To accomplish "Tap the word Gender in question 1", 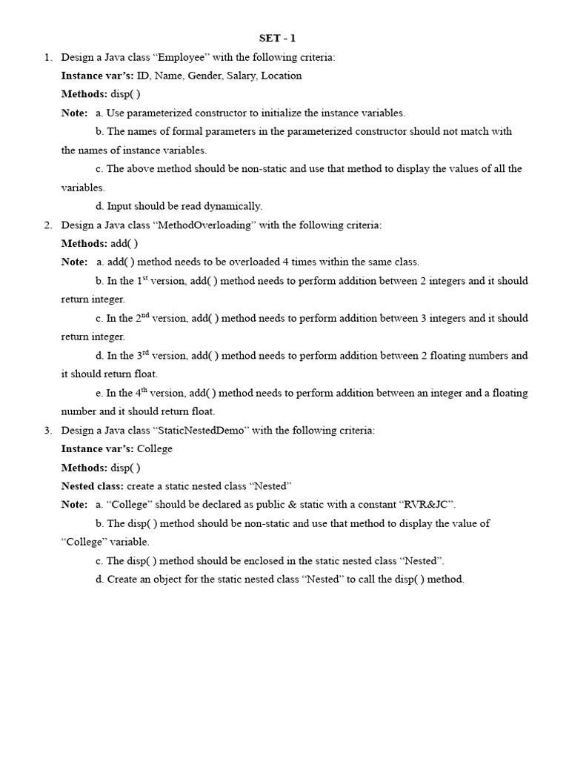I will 204,76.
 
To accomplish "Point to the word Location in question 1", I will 282,76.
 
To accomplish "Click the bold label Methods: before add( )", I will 84,243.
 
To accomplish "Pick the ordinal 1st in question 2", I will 143,280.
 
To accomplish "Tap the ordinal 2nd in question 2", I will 144,317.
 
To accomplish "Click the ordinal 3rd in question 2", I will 144,355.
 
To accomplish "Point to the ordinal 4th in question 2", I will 143,392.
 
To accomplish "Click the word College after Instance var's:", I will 155,448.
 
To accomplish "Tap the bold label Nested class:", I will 93,485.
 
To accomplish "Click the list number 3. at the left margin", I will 47,430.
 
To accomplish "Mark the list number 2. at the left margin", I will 47,225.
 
